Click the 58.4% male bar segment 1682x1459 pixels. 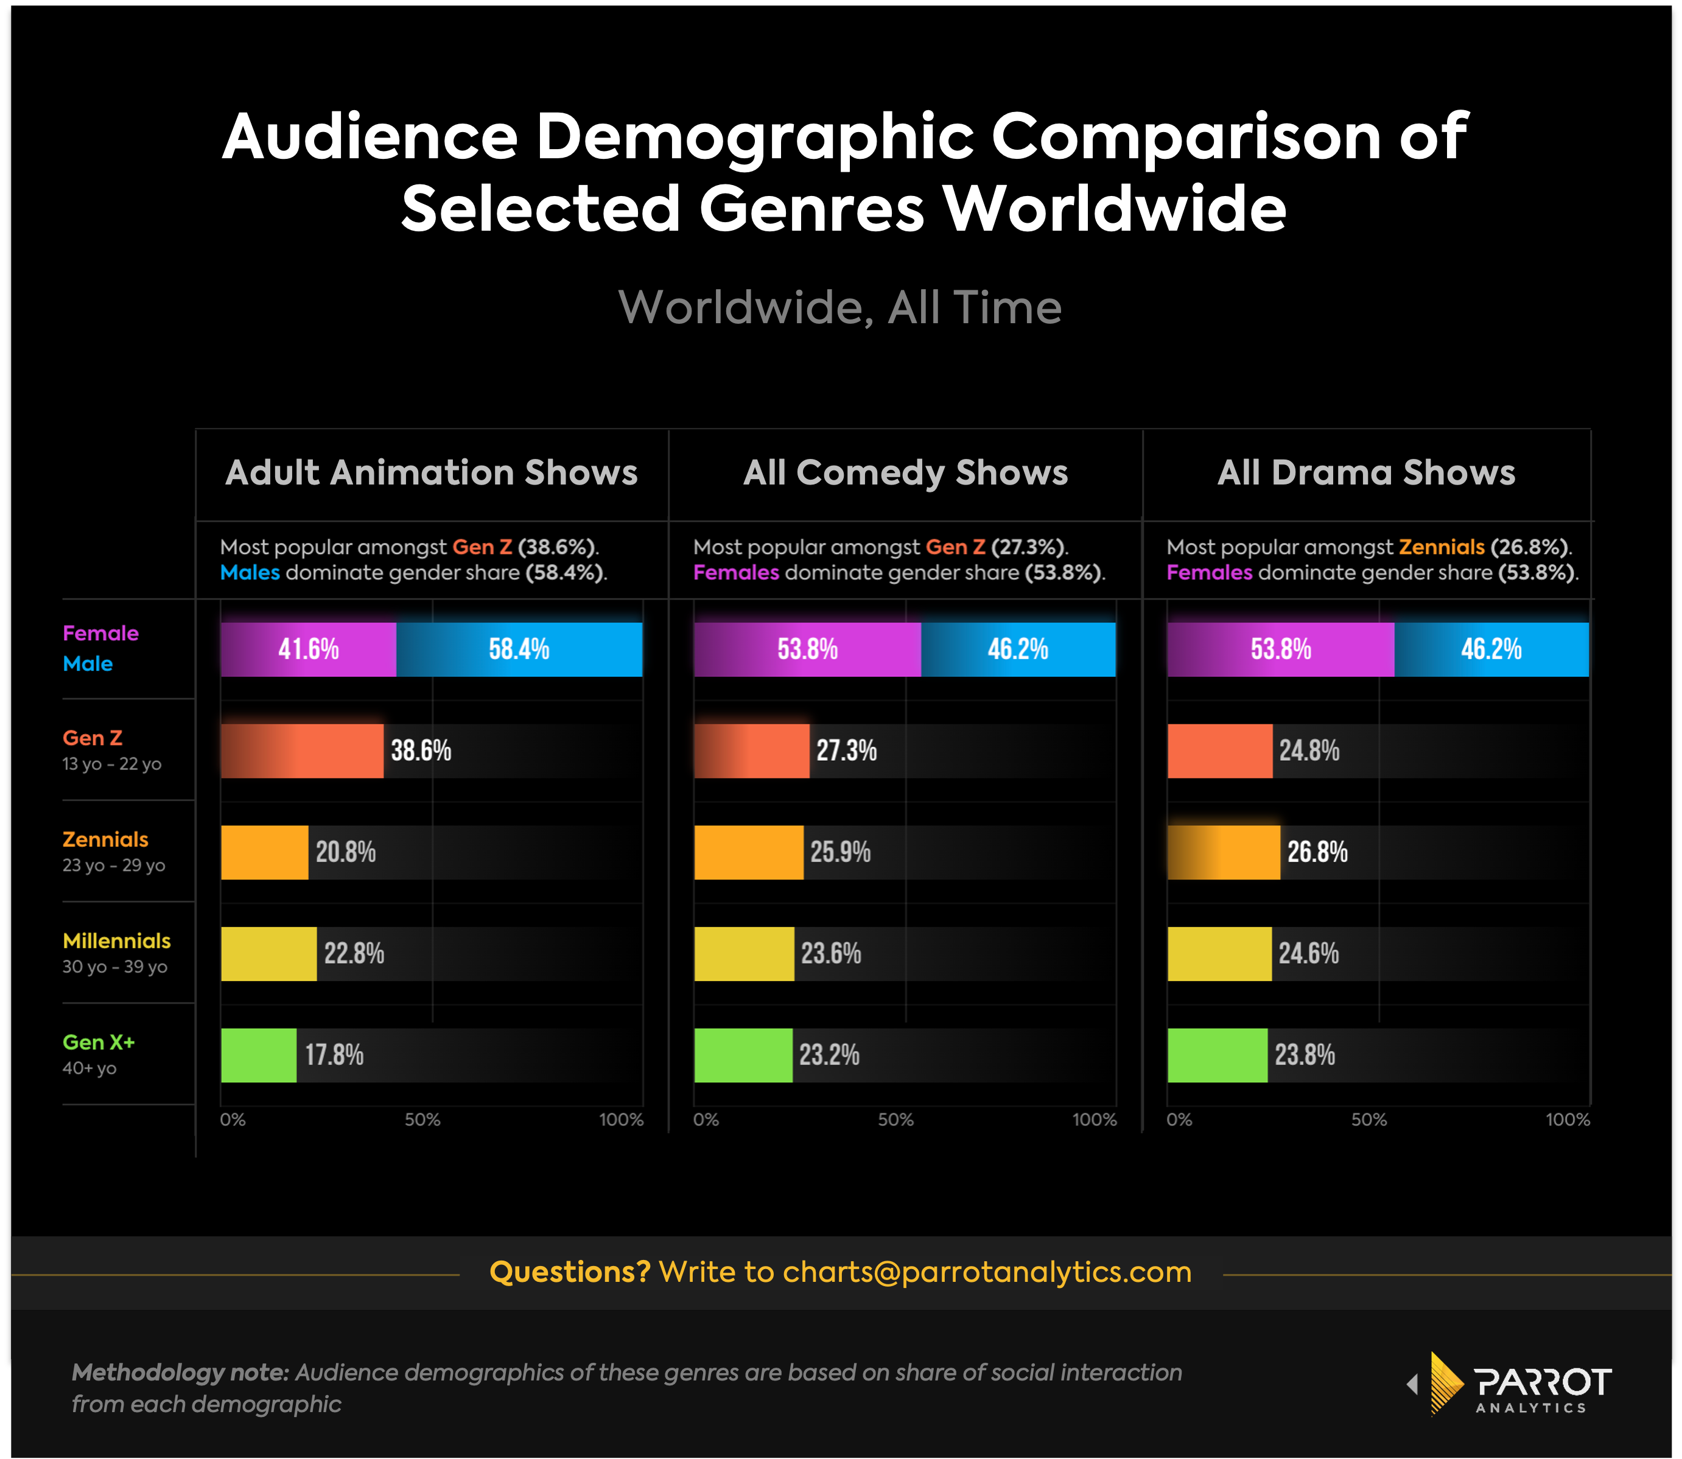519,649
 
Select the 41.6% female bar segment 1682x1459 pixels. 308,649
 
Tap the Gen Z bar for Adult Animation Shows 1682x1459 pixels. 301,750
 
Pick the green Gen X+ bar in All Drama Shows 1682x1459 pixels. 1217,1055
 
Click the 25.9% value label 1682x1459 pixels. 840,852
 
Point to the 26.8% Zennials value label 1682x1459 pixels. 1317,852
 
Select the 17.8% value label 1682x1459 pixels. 334,1055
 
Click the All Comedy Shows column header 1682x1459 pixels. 905,473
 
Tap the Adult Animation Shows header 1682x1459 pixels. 432,473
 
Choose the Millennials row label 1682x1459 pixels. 116,941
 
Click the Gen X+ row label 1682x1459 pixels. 99,1042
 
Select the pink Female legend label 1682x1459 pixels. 101,634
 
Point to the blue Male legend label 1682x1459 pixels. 88,663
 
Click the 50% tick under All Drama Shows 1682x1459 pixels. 1368,1119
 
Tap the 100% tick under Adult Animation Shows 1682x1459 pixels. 621,1119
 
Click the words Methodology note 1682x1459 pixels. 180,1373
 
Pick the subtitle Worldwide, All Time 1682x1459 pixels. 840,308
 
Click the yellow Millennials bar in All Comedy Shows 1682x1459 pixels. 743,953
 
